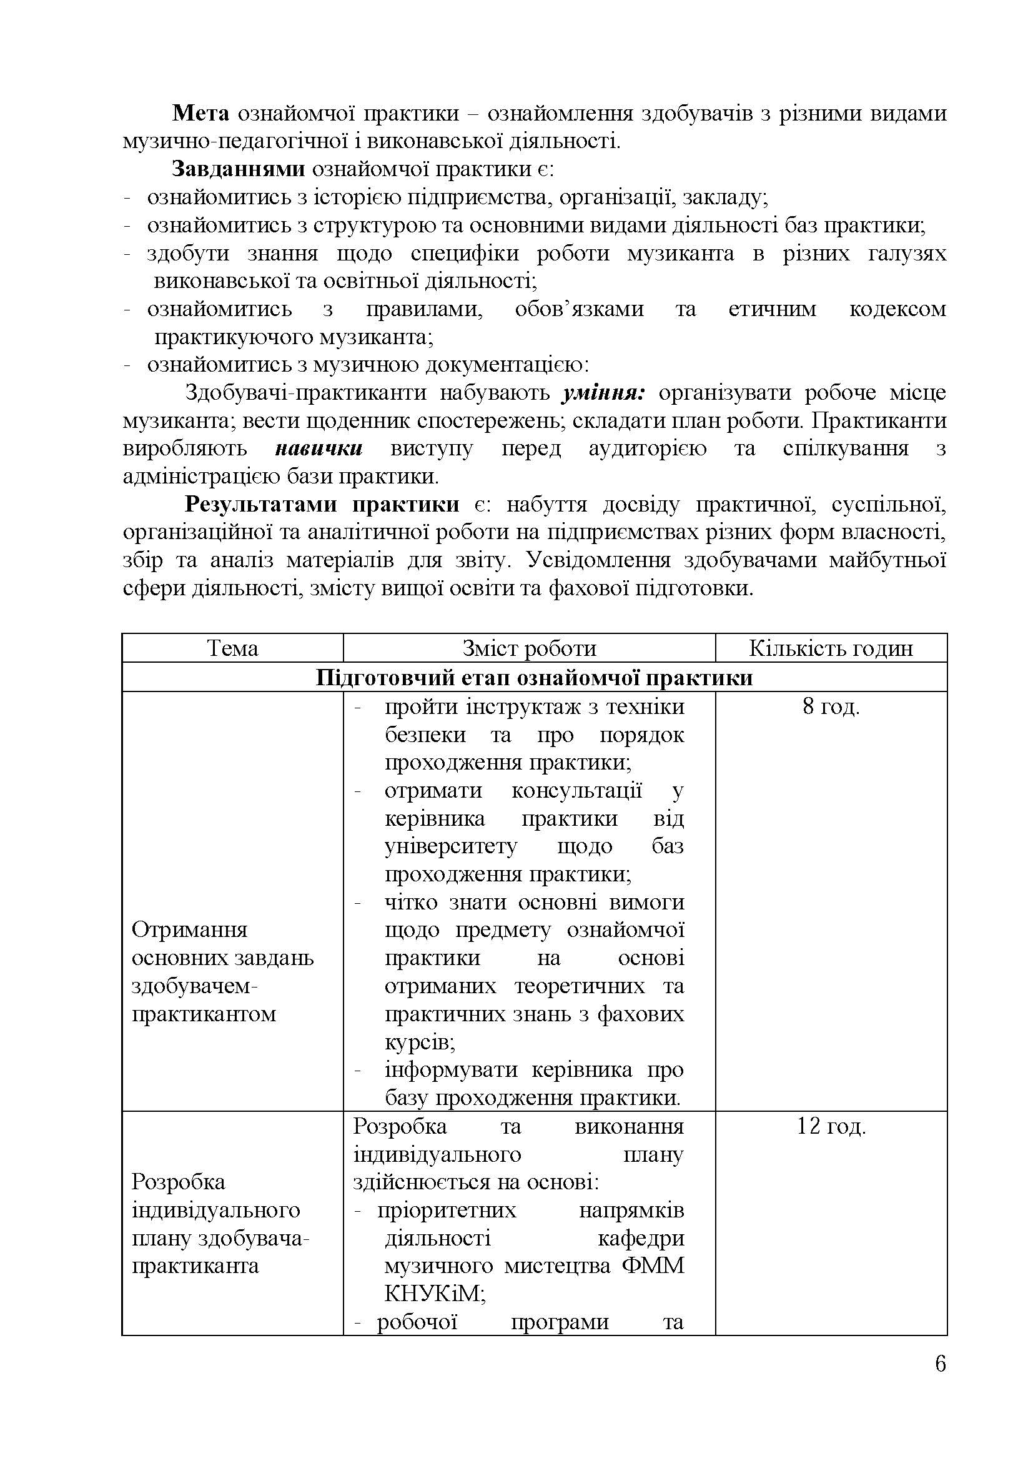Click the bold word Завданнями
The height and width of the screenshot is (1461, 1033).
coord(238,169)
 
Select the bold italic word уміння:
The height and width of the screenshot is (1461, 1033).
coord(604,393)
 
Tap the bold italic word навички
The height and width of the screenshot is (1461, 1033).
coord(319,448)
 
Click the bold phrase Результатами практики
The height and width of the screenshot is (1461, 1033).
coord(322,505)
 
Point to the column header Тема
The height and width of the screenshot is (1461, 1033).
coord(233,648)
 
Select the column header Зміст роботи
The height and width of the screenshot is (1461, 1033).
coord(529,648)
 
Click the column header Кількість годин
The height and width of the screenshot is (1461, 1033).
coord(831,648)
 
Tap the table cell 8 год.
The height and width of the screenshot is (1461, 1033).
coord(831,706)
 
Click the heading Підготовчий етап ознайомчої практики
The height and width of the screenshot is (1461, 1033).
coord(535,677)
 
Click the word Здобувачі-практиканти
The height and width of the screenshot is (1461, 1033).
coord(305,393)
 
